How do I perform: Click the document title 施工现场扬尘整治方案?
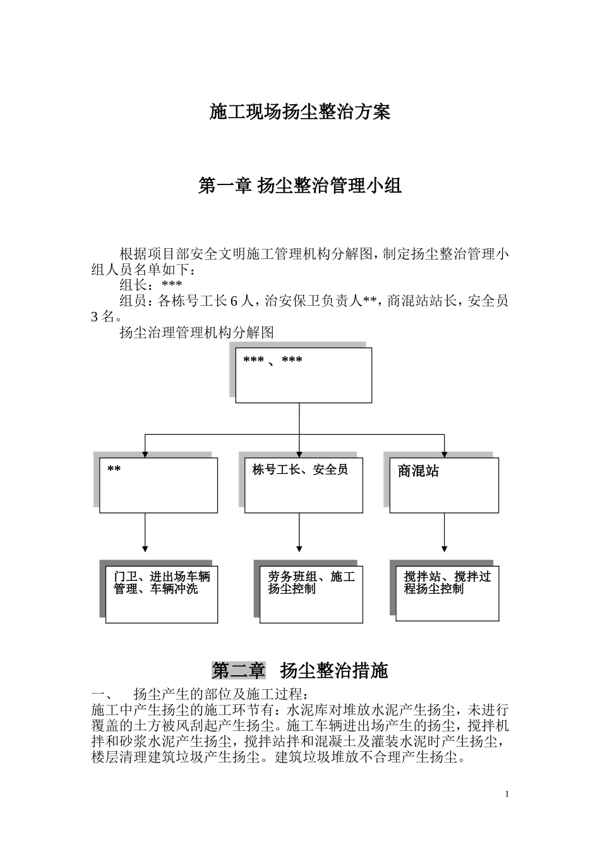point(300,112)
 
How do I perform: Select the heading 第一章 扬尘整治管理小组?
point(300,186)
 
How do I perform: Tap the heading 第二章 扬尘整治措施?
point(300,670)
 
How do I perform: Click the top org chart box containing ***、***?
point(303,375)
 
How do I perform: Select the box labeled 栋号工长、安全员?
point(303,485)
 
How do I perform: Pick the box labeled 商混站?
point(444,485)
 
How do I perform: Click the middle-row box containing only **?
point(158,485)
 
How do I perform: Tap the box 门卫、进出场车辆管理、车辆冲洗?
point(162,591)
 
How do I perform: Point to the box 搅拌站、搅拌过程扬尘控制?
point(447,590)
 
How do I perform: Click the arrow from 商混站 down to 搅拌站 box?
point(444,532)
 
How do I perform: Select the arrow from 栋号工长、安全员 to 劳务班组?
point(299,532)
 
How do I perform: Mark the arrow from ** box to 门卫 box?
point(145,532)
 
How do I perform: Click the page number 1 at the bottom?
point(507,794)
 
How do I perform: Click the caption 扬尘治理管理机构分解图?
point(196,332)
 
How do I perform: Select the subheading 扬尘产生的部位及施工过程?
point(220,693)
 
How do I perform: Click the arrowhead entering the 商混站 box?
point(444,454)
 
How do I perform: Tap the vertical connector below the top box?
point(299,418)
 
